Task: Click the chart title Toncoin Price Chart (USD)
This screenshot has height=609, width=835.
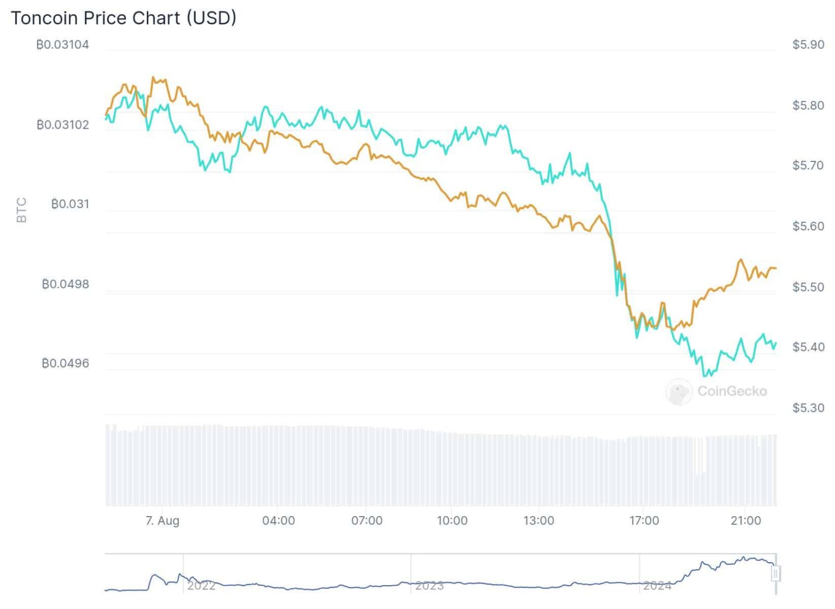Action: pyautogui.click(x=123, y=18)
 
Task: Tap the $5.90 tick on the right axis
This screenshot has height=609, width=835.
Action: pyautogui.click(x=808, y=45)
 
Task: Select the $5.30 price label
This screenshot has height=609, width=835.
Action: pyautogui.click(x=808, y=407)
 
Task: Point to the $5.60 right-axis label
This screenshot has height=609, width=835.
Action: pyautogui.click(x=808, y=226)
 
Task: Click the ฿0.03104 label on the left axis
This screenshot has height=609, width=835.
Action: pyautogui.click(x=63, y=45)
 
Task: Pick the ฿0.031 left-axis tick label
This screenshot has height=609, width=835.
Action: pyautogui.click(x=70, y=204)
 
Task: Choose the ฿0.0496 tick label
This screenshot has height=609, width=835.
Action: pyautogui.click(x=65, y=363)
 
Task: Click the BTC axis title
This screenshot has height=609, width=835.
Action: pyautogui.click(x=22, y=210)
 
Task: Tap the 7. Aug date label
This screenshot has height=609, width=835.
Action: pyautogui.click(x=162, y=520)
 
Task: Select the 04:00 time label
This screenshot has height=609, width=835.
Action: pyautogui.click(x=278, y=520)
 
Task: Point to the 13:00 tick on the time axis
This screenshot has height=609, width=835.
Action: pyautogui.click(x=538, y=520)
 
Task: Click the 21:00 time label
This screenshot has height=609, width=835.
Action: pyautogui.click(x=745, y=520)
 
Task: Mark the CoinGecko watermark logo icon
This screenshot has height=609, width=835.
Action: pyautogui.click(x=678, y=392)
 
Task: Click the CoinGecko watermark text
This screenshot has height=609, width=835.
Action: pyautogui.click(x=732, y=391)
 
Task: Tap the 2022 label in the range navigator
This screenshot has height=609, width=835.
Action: pyautogui.click(x=201, y=586)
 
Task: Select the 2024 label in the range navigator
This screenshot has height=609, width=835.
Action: pyautogui.click(x=657, y=586)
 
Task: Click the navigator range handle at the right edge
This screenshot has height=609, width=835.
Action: pyautogui.click(x=776, y=573)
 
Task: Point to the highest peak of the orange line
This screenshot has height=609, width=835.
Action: pyautogui.click(x=153, y=78)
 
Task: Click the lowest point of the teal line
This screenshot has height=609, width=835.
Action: pyautogui.click(x=705, y=375)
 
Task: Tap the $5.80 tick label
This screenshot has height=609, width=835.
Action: pyautogui.click(x=808, y=105)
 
